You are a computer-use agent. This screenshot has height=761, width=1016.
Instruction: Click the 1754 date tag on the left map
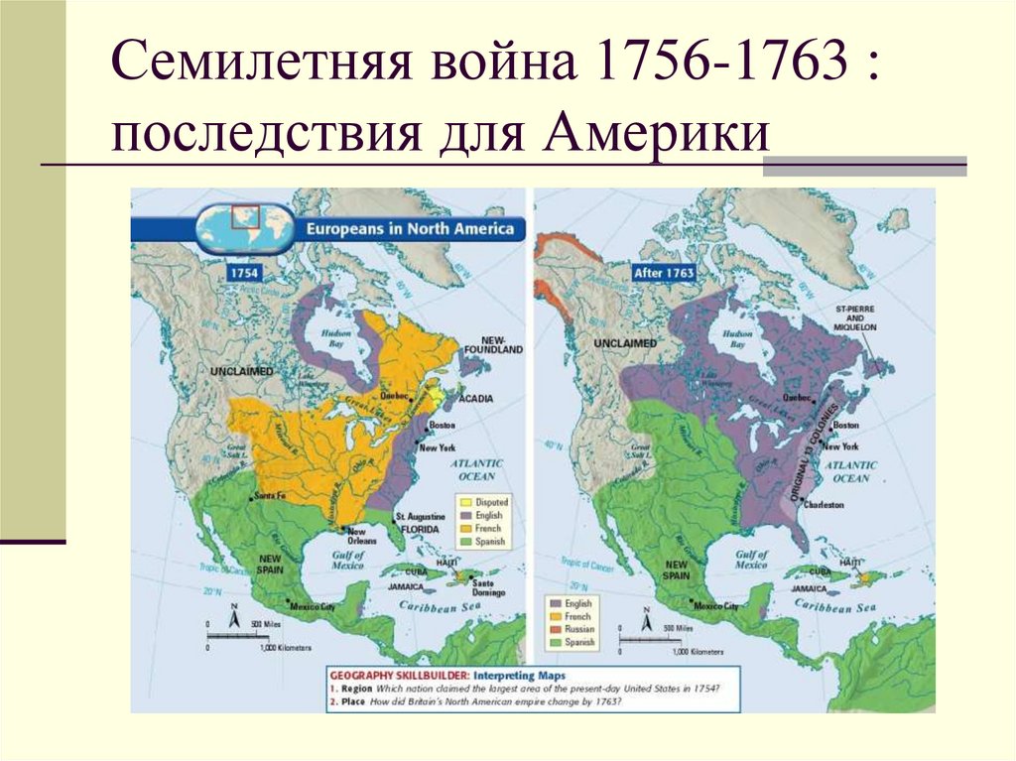[244, 272]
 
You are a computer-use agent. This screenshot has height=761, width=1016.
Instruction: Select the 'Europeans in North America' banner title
[410, 229]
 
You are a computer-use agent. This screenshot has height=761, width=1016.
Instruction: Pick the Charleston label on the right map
[824, 505]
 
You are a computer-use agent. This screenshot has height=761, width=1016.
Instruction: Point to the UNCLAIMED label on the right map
[625, 342]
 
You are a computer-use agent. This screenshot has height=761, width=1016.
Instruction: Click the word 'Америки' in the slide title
[655, 133]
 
